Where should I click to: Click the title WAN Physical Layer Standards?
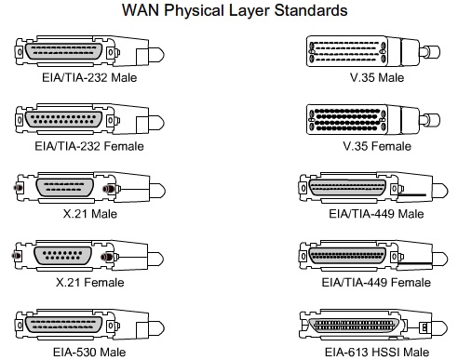(x=228, y=10)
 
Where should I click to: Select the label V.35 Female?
(x=370, y=146)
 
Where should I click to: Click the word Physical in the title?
(x=209, y=10)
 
